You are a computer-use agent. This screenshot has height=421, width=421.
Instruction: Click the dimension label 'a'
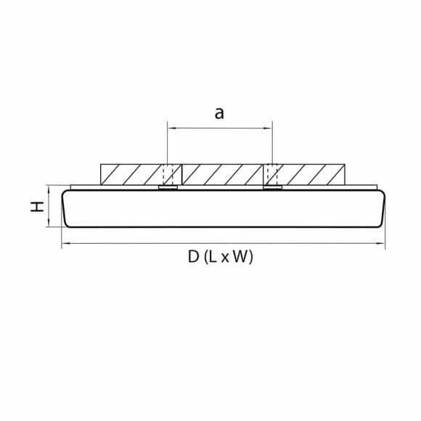click(218, 113)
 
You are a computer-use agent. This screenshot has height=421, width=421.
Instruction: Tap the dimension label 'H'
click(35, 207)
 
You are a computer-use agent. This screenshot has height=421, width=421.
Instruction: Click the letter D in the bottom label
click(192, 256)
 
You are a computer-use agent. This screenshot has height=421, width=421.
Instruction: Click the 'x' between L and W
click(225, 258)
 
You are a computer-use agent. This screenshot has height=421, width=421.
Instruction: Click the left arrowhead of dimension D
click(65, 246)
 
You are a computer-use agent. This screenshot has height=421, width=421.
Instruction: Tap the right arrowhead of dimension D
click(381, 246)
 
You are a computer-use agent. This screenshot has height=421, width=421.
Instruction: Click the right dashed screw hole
click(271, 174)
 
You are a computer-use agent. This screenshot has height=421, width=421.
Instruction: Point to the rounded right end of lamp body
click(380, 209)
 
